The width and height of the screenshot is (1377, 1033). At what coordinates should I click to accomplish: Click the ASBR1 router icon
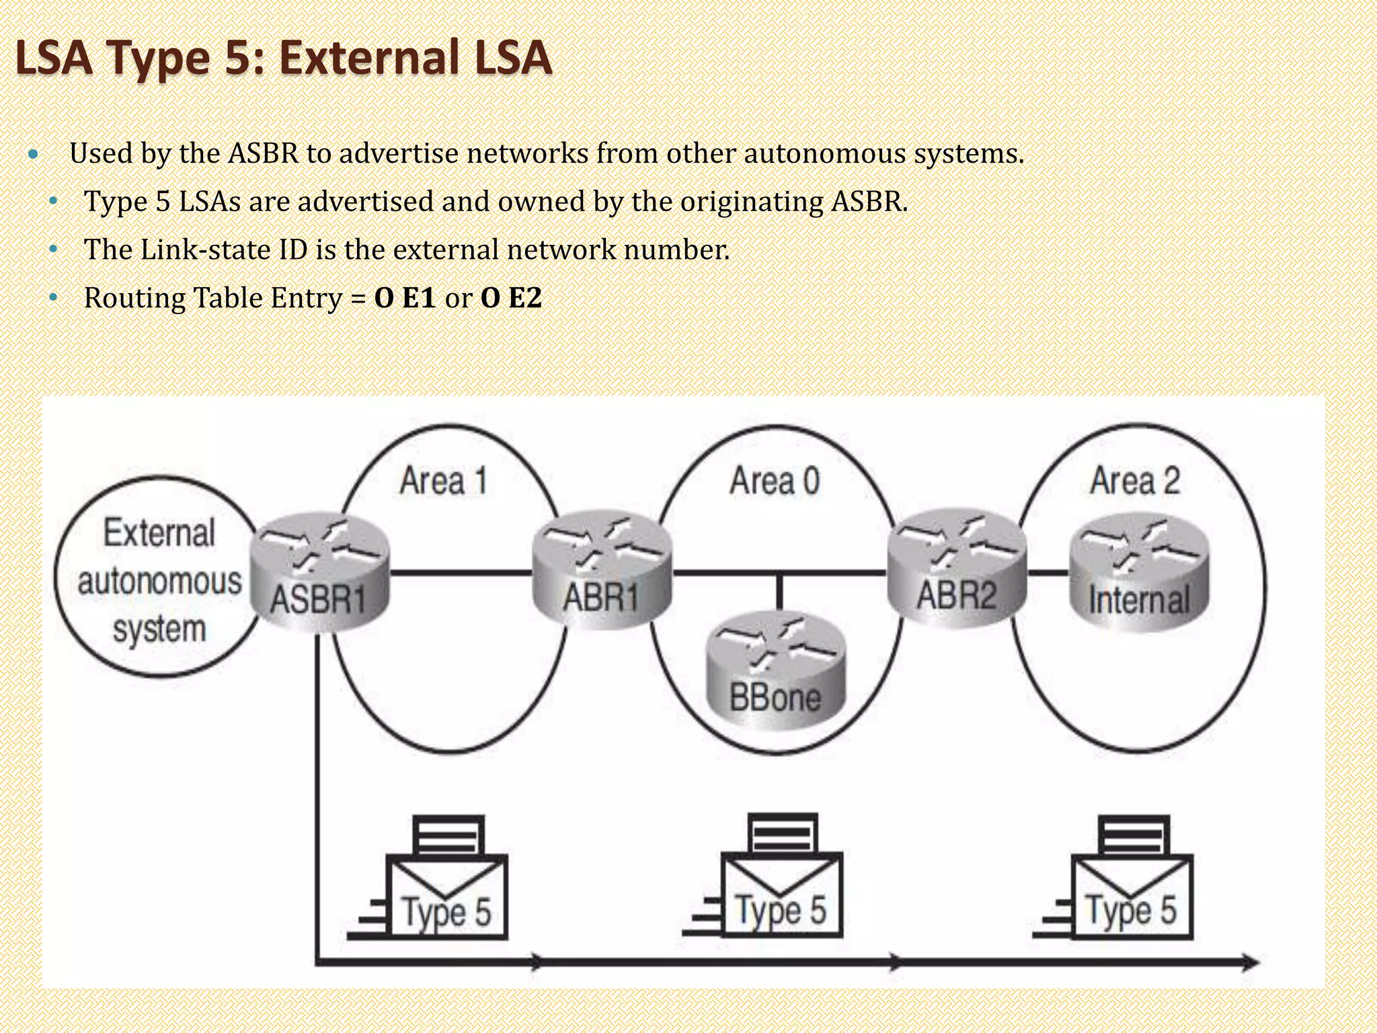coord(320,572)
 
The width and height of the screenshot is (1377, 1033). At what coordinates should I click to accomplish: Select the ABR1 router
coord(602,572)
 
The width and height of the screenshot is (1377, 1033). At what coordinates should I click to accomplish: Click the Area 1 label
coord(443,481)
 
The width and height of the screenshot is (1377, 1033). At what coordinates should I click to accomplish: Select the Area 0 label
coord(775,481)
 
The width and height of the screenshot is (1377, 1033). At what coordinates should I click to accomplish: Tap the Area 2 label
coord(1135,481)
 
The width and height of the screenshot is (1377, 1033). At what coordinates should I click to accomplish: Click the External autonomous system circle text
coord(159,581)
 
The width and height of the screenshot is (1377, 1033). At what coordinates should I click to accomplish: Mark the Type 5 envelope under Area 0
coord(781,894)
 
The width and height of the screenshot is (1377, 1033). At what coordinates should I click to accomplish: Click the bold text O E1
coord(405,298)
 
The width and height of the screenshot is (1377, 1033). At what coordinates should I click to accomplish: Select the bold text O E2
coord(511,298)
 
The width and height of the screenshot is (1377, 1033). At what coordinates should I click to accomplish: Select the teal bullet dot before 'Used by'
coord(34,155)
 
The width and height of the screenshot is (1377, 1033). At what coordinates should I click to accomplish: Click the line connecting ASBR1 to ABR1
coord(461,573)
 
